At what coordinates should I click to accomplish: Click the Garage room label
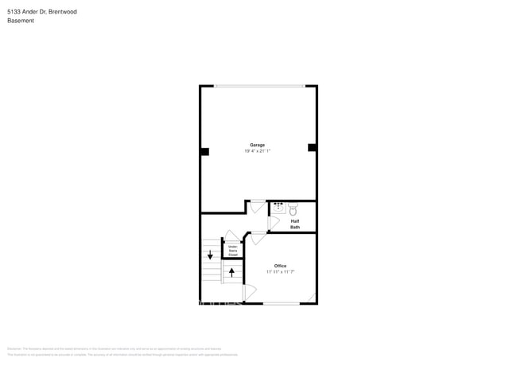pos(258,145)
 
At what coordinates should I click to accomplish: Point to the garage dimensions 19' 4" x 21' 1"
pos(258,150)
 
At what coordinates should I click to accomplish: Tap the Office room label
pos(280,266)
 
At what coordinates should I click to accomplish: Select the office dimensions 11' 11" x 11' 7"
pos(280,271)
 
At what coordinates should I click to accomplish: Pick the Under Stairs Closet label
pos(233,251)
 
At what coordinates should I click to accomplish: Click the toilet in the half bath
pos(293,210)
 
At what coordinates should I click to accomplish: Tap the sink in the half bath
pos(278,208)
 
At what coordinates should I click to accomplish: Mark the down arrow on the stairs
pos(210,255)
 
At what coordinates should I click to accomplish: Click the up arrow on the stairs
pos(231,272)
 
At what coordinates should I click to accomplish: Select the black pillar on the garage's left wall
pos(204,151)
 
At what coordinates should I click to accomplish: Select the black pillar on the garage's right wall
pos(312,147)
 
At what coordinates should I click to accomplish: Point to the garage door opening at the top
pos(258,86)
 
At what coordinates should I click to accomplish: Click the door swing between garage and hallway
pos(257,207)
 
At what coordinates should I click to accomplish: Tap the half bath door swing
pos(273,223)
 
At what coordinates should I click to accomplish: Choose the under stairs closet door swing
pos(231,236)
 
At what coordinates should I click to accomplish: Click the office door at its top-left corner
pos(258,237)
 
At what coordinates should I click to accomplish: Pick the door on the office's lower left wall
pos(249,293)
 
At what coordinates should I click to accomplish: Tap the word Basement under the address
pos(21,21)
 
